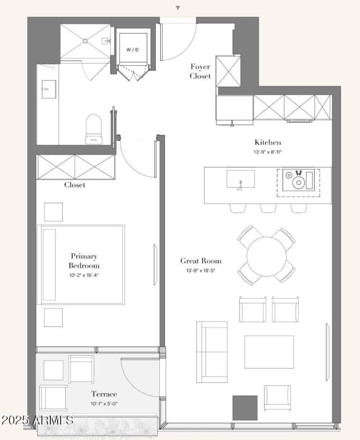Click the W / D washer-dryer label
click(x=132, y=49)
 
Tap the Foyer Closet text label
click(x=200, y=71)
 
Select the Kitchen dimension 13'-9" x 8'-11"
click(x=267, y=152)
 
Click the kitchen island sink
click(x=241, y=179)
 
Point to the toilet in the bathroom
click(x=94, y=129)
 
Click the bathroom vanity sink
click(x=49, y=89)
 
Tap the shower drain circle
click(x=85, y=41)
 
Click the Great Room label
click(x=201, y=261)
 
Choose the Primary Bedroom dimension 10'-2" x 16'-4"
click(x=84, y=275)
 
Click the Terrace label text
click(x=104, y=394)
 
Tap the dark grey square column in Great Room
click(x=245, y=408)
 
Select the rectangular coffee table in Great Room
click(x=269, y=352)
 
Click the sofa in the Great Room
click(x=212, y=352)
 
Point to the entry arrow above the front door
click(x=178, y=8)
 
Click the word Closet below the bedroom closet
click(x=75, y=184)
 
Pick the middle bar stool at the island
click(x=268, y=208)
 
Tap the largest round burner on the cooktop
click(x=298, y=183)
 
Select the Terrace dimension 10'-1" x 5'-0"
click(x=104, y=404)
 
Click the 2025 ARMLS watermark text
click(x=37, y=420)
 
